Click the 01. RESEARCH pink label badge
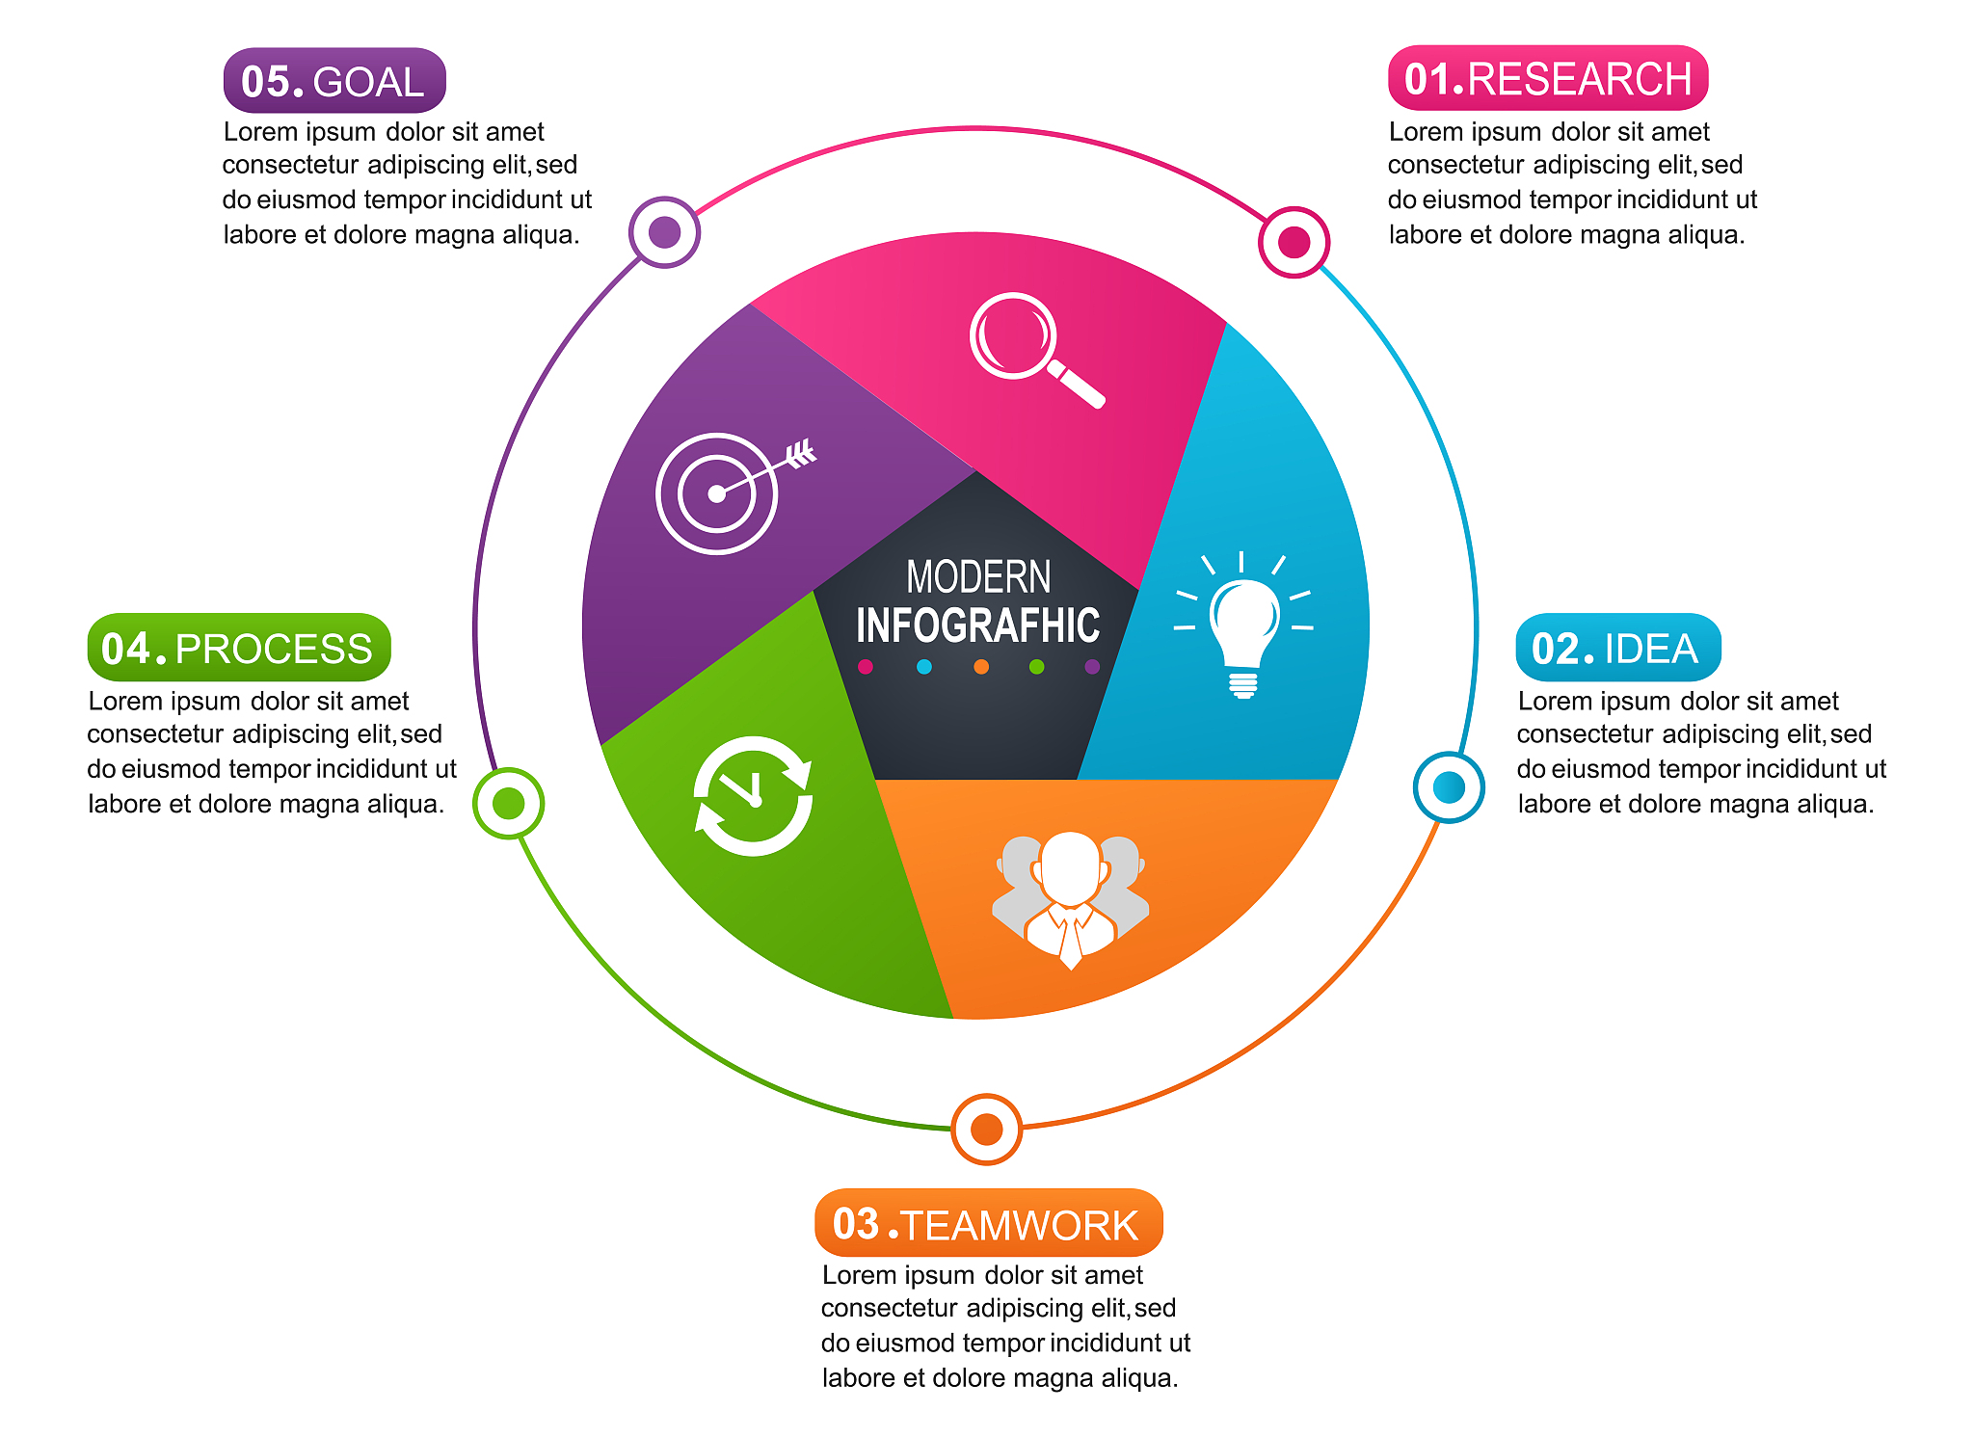click(x=1547, y=78)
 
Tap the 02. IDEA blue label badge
click(x=1617, y=648)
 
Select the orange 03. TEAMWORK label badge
click(x=988, y=1223)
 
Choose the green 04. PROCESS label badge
click(x=238, y=648)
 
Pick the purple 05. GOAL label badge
click(x=333, y=81)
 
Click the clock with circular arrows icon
click(x=753, y=796)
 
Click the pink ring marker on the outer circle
click(x=1294, y=242)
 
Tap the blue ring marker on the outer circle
click(x=1448, y=787)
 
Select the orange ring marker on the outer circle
click(x=986, y=1129)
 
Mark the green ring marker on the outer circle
click(x=508, y=803)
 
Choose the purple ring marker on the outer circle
click(x=664, y=232)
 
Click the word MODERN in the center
click(x=978, y=577)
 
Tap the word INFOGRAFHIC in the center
click(x=978, y=625)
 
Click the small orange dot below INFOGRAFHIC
click(x=981, y=667)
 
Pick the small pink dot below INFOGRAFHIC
click(x=866, y=667)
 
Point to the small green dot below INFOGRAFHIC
click(x=1037, y=667)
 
